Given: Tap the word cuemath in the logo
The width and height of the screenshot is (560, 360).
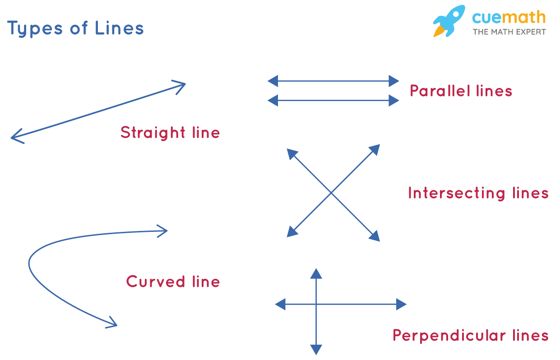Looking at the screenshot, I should (x=509, y=18).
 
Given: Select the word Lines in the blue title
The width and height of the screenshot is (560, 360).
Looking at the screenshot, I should (x=119, y=28).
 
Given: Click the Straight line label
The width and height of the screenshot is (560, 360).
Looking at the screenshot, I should (x=170, y=133).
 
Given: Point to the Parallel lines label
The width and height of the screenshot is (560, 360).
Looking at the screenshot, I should (x=461, y=91).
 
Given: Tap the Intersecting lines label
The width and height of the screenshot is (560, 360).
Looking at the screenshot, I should (x=478, y=193).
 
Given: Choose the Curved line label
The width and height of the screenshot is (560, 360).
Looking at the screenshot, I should (x=173, y=282).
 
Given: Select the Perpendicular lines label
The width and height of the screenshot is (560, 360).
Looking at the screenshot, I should (x=470, y=336).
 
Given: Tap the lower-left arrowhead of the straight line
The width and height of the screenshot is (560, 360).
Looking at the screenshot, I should (x=15, y=137).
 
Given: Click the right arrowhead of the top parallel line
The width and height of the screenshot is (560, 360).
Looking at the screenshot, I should (x=394, y=81).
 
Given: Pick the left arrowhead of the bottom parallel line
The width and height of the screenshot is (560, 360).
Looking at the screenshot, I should (x=273, y=101).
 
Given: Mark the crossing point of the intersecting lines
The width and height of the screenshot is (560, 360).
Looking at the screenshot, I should (x=332, y=193).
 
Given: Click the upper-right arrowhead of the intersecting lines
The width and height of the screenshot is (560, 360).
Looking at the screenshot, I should (x=375, y=149).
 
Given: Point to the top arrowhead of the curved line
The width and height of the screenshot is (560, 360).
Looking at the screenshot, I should (x=163, y=231).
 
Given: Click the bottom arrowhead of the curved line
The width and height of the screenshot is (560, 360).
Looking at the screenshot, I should (x=113, y=323).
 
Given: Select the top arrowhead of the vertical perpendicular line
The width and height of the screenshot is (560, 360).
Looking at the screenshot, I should (x=316, y=273).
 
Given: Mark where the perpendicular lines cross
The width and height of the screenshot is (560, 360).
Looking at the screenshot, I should (x=316, y=305).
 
